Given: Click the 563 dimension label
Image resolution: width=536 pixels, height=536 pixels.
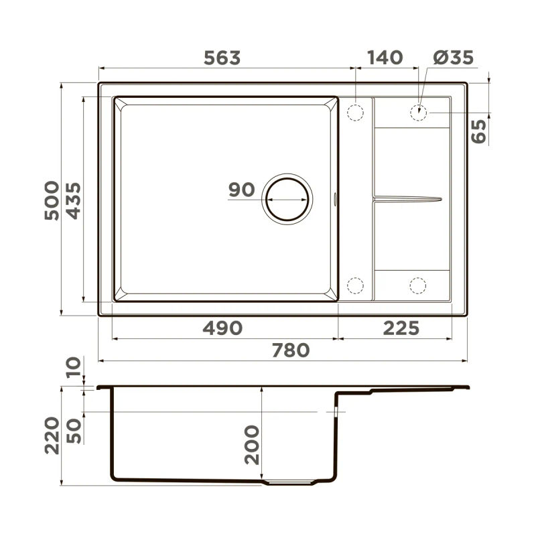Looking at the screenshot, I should [x=222, y=58].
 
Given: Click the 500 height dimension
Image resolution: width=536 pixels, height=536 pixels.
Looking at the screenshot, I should [x=52, y=200].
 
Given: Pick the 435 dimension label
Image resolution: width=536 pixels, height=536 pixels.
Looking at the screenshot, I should [x=72, y=200].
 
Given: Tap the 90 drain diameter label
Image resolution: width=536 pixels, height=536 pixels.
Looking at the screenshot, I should [x=241, y=190].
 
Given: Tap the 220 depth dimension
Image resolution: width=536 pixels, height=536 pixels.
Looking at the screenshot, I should [x=52, y=434].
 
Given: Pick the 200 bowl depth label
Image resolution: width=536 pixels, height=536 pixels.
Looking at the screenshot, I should [x=252, y=445].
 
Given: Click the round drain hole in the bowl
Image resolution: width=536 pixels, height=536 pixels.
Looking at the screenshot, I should [x=287, y=200].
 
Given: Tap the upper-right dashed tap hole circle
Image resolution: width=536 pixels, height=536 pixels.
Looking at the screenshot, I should [x=418, y=112].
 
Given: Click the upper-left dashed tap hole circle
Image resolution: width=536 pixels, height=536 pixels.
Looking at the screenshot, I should [x=355, y=111].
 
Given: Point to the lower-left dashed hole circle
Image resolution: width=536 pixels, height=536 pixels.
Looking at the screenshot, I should [x=355, y=286].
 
